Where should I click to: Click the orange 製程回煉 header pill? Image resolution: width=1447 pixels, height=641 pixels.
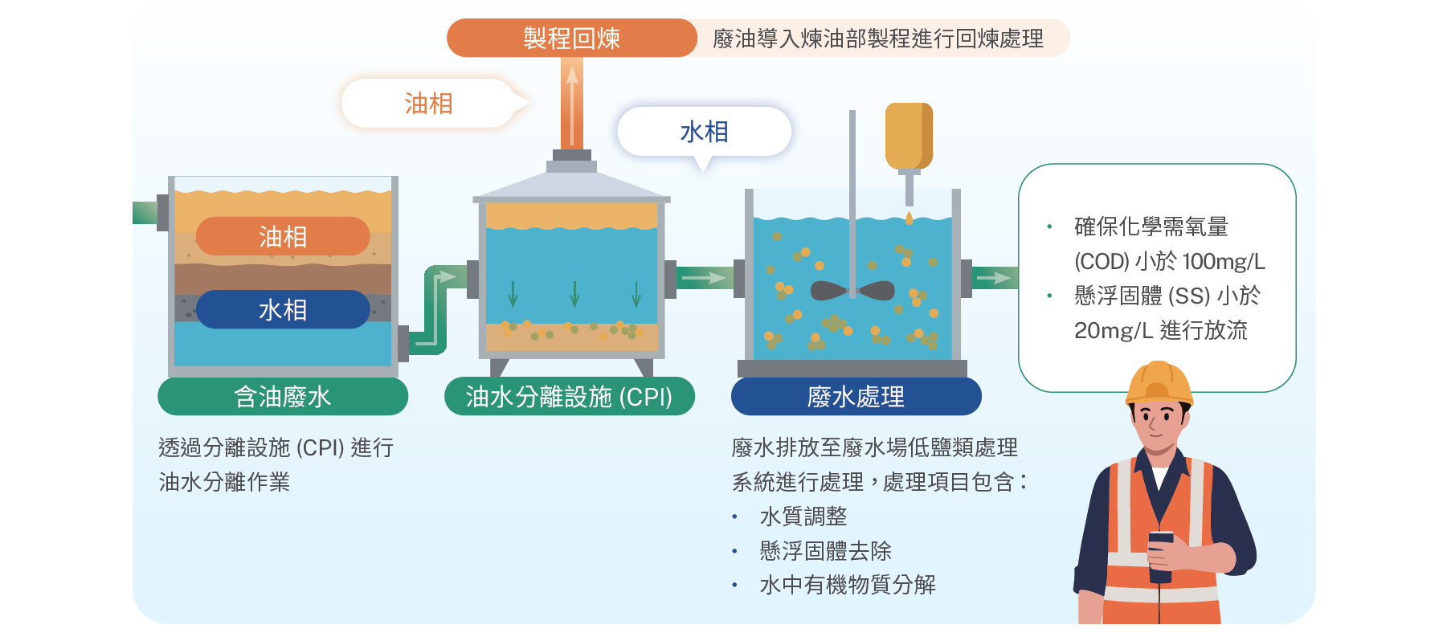[x=571, y=38]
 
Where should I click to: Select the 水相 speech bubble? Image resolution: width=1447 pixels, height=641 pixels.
[x=704, y=132]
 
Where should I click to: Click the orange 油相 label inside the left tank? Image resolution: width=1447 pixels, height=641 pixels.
[x=283, y=236]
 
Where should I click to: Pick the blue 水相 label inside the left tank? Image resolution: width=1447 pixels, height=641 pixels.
[x=283, y=309]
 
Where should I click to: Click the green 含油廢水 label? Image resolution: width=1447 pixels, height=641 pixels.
[x=283, y=396]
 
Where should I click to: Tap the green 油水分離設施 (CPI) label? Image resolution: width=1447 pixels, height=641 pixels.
[x=570, y=396]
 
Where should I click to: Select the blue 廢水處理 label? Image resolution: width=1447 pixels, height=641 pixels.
[x=856, y=396]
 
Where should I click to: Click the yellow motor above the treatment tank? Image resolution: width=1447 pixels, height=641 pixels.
[x=909, y=137]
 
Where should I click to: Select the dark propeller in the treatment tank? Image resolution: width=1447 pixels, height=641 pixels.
[x=852, y=290]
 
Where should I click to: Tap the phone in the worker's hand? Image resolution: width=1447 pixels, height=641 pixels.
[x=1160, y=556]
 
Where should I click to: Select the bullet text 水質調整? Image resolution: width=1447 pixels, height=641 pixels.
[x=803, y=516]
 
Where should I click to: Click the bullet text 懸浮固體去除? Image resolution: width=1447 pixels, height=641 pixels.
[x=826, y=551]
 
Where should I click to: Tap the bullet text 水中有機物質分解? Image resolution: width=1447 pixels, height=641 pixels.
[x=848, y=585]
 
